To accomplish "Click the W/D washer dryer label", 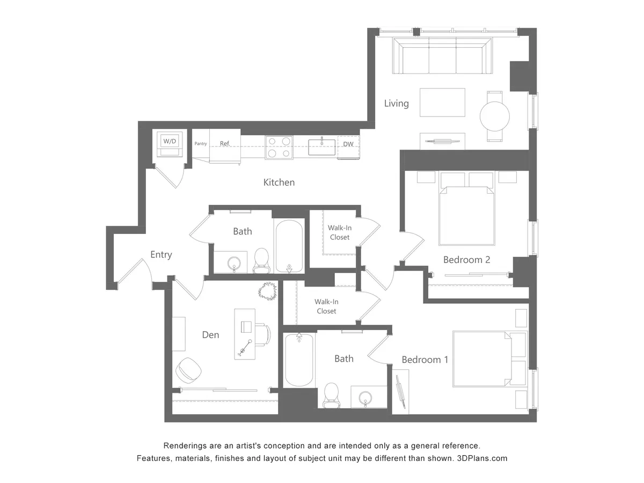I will click(170, 141).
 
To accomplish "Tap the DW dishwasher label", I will click(348, 144).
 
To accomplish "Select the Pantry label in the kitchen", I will click(201, 144).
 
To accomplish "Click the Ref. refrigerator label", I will click(225, 144).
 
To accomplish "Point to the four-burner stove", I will click(279, 147).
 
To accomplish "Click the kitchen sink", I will click(321, 147).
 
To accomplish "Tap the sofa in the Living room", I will click(442, 56).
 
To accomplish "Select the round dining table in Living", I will click(494, 116).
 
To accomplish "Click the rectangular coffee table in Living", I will click(442, 102).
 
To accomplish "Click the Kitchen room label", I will click(279, 182).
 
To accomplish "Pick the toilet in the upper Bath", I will click(261, 259).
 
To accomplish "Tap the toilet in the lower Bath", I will click(331, 395).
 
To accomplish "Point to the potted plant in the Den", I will click(267, 291).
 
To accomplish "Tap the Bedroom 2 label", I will click(466, 260).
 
